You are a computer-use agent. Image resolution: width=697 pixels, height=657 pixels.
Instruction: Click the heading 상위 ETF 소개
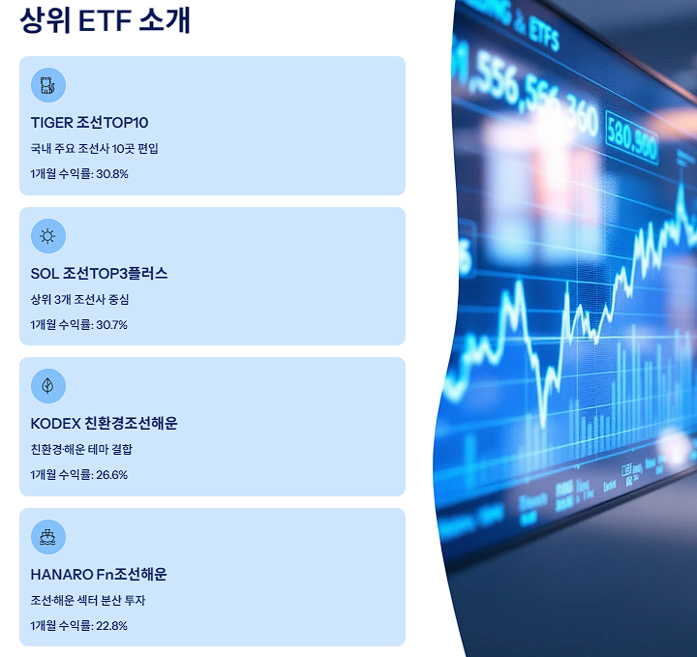click(x=105, y=19)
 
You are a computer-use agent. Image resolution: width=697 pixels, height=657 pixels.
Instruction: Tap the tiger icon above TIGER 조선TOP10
click(x=47, y=85)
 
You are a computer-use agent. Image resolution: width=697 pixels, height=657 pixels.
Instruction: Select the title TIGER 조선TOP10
click(x=89, y=123)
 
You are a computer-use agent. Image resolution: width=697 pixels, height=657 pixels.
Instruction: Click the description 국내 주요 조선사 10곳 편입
click(x=94, y=149)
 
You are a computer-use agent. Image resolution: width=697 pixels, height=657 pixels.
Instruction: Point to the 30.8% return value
click(x=111, y=174)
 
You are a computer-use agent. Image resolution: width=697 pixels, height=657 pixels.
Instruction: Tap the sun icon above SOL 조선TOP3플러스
click(x=47, y=235)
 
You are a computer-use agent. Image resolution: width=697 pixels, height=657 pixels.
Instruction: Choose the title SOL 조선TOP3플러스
click(x=99, y=274)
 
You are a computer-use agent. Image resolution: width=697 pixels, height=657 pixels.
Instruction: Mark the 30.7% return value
click(x=111, y=324)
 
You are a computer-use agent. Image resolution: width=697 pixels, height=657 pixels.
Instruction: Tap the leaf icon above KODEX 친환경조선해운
click(x=47, y=386)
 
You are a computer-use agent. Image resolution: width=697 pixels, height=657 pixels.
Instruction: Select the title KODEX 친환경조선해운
click(x=104, y=424)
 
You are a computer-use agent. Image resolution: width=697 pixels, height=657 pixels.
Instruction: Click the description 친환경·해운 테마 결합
click(x=81, y=449)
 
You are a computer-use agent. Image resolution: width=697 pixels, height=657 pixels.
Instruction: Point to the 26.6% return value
click(x=111, y=475)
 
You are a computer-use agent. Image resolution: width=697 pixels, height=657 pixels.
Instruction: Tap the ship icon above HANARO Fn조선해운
click(x=47, y=536)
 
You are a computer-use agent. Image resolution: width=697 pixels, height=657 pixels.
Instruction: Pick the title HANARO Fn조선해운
click(x=99, y=575)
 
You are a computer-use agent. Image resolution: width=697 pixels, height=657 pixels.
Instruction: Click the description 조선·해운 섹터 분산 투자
click(x=88, y=600)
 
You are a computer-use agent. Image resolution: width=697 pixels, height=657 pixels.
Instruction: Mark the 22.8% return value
click(x=111, y=625)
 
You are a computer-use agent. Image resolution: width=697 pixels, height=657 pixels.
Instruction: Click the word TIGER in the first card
click(x=51, y=123)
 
